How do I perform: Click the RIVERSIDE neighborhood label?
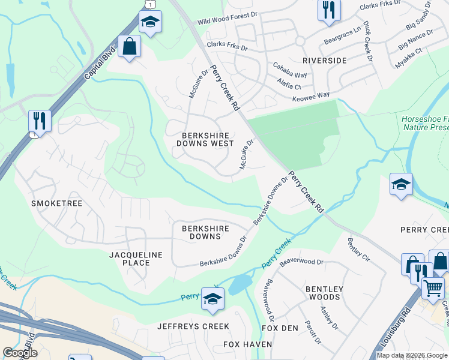pos(324,61)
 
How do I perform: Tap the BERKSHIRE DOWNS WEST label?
pos(205,139)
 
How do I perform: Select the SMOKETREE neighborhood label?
pos(56,203)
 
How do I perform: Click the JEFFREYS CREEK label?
pos(193,326)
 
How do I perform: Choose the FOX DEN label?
pos(280,328)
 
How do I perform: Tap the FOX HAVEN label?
pos(247,344)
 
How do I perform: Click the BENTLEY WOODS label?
pos(324,293)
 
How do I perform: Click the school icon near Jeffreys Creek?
pos(212,298)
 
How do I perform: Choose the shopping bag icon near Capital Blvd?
pos(129,46)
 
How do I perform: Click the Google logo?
pos(20,352)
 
